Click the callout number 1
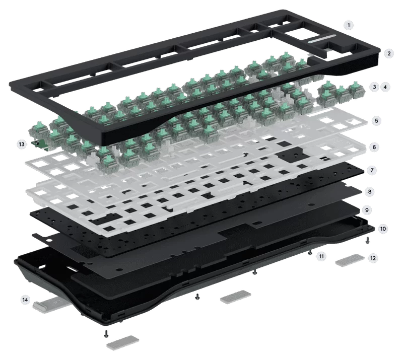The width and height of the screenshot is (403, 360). (x=349, y=25)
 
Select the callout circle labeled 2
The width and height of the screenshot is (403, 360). (x=389, y=53)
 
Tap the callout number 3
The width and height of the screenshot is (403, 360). (x=374, y=87)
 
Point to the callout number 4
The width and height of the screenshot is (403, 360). (x=385, y=87)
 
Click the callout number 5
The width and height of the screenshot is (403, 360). (x=376, y=120)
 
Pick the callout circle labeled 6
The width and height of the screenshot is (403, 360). (x=374, y=147)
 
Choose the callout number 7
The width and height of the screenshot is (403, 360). (x=372, y=170)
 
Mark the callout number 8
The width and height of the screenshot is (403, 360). (x=370, y=191)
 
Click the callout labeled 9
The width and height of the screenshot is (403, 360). (x=367, y=210)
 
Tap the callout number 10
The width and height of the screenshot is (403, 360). (x=383, y=229)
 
